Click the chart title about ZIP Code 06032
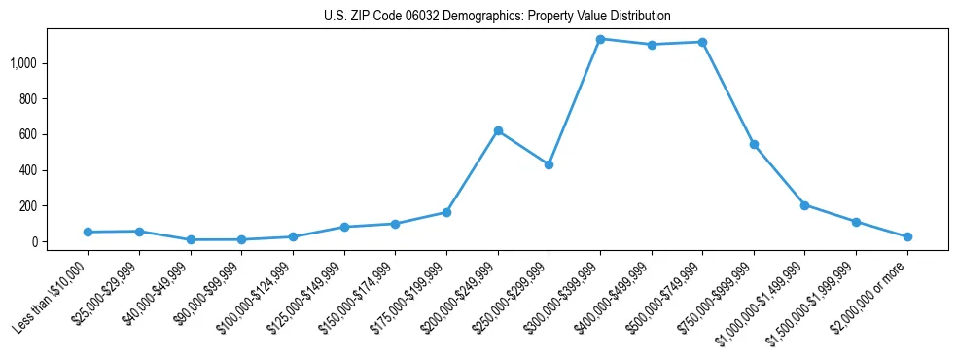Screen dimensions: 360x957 point(497,17)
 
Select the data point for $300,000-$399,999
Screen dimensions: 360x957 point(600,39)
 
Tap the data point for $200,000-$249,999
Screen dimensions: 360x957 point(498,130)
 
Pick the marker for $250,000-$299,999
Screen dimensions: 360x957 point(549,164)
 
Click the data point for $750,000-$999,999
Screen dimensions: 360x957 point(754,144)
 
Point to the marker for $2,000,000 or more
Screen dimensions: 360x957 point(907,236)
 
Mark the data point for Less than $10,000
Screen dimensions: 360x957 point(89,232)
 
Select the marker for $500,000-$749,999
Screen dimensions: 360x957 point(702,42)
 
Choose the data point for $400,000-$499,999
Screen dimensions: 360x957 point(652,45)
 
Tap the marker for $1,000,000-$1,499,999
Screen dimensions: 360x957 point(804,205)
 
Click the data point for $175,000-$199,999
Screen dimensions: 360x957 point(446,212)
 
